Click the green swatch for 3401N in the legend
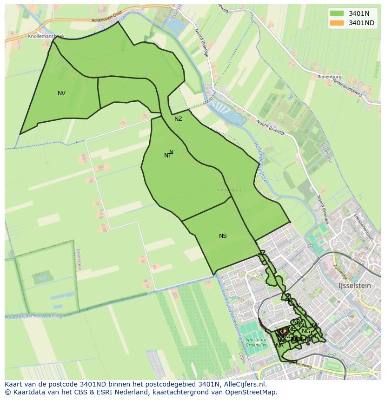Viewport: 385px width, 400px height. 337,13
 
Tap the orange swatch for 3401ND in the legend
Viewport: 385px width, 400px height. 337,23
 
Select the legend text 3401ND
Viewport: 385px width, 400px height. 362,23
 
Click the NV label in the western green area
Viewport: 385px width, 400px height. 61,93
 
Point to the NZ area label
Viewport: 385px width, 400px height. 178,119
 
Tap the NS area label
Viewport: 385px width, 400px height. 223,236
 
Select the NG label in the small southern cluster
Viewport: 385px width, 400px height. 305,331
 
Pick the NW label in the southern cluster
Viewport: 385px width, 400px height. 314,325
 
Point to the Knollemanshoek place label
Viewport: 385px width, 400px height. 46,36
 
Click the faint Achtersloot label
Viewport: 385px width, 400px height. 229,190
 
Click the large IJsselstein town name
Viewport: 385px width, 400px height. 355,286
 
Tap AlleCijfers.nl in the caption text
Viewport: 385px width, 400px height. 243,384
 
